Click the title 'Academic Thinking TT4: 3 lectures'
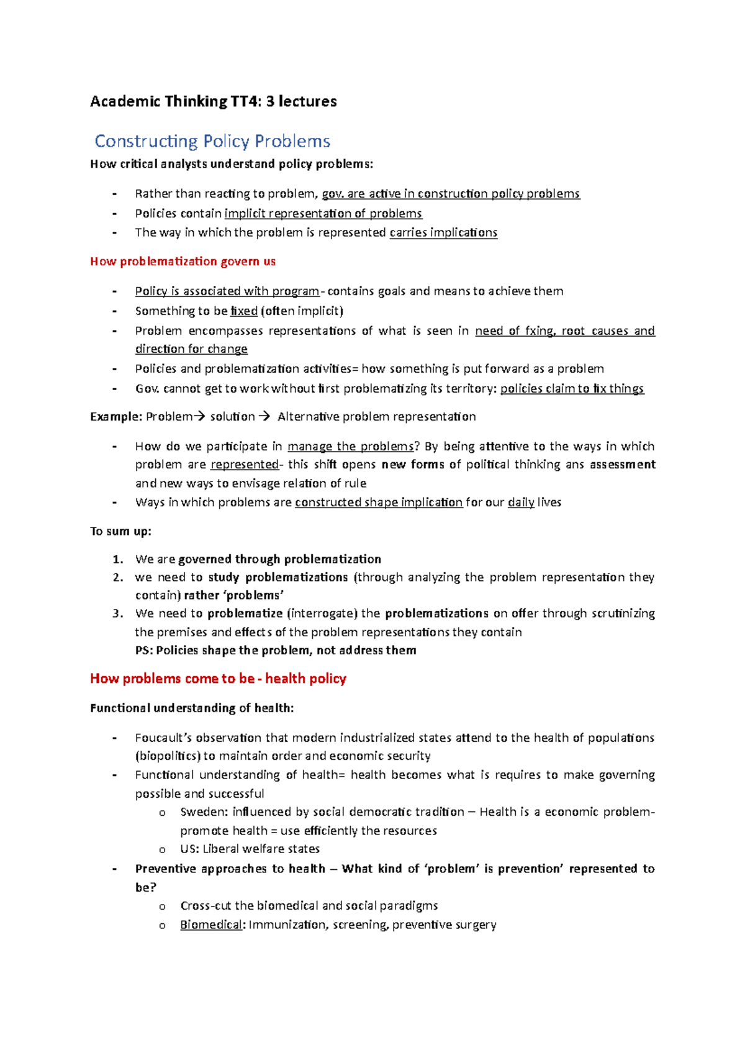[213, 101]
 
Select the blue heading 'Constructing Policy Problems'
[212, 142]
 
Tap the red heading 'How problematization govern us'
[183, 262]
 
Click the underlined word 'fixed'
[243, 311]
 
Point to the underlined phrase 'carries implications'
[443, 232]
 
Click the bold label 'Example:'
[116, 417]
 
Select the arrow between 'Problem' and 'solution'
[199, 417]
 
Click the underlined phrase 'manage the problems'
[351, 446]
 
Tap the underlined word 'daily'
[521, 502]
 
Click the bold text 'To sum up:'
[120, 531]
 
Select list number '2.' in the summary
[118, 577]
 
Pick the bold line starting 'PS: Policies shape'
[276, 651]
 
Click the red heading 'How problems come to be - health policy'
[218, 678]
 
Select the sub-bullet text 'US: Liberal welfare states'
[250, 849]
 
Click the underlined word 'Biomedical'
[211, 925]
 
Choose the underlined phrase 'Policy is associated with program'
[227, 291]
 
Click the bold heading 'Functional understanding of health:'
[192, 708]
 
